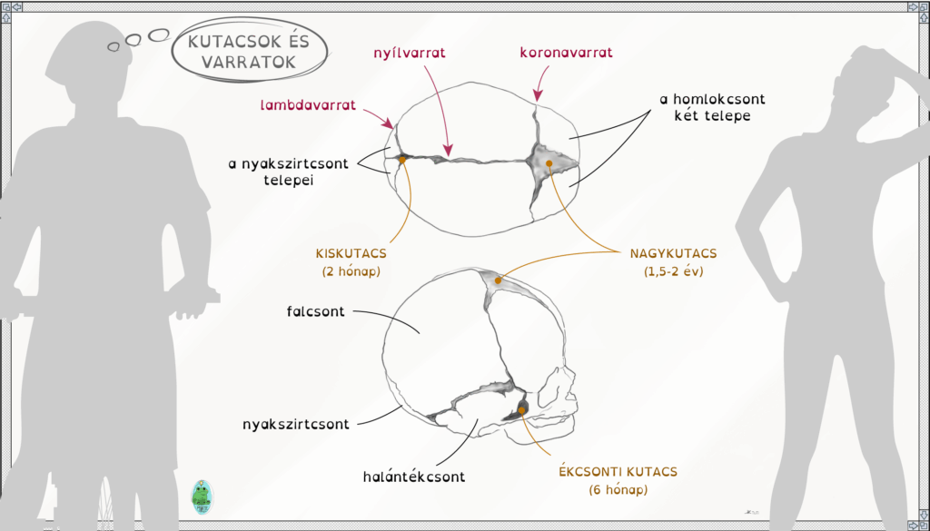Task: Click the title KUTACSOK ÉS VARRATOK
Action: (249, 51)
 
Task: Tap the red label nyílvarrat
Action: (410, 53)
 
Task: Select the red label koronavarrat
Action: (566, 52)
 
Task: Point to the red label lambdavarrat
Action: (308, 105)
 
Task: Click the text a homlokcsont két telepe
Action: (712, 107)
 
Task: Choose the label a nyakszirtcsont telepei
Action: (288, 172)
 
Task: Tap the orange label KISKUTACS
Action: (351, 253)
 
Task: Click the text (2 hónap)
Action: (351, 272)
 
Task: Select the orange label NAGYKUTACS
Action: (673, 253)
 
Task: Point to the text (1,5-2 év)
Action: (673, 272)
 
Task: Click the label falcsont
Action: (315, 311)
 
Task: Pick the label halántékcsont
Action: (414, 477)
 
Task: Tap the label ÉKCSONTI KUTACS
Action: (618, 472)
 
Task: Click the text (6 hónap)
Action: (618, 491)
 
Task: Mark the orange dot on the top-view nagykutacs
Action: (549, 163)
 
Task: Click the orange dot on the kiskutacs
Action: (402, 160)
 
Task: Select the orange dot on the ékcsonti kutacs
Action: (522, 410)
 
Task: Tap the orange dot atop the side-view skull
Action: (499, 280)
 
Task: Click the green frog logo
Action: (203, 497)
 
